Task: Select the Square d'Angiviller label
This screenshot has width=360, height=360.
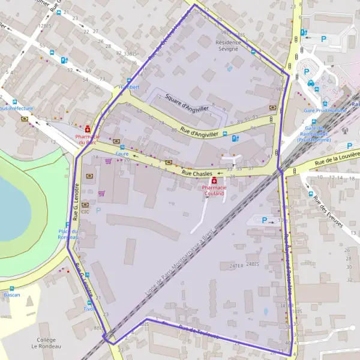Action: click(187, 103)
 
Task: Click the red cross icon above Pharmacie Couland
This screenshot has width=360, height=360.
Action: click(213, 181)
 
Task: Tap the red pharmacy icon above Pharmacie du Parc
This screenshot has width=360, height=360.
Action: click(88, 129)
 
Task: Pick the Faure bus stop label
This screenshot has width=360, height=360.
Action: click(122, 154)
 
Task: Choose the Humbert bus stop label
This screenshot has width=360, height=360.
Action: click(128, 87)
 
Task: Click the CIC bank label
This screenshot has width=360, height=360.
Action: click(86, 211)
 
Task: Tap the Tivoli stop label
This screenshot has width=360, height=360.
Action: click(89, 310)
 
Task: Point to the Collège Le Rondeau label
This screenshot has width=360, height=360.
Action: click(46, 343)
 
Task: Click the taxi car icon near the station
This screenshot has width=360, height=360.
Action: click(311, 83)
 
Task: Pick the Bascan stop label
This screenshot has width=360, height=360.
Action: click(11, 295)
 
